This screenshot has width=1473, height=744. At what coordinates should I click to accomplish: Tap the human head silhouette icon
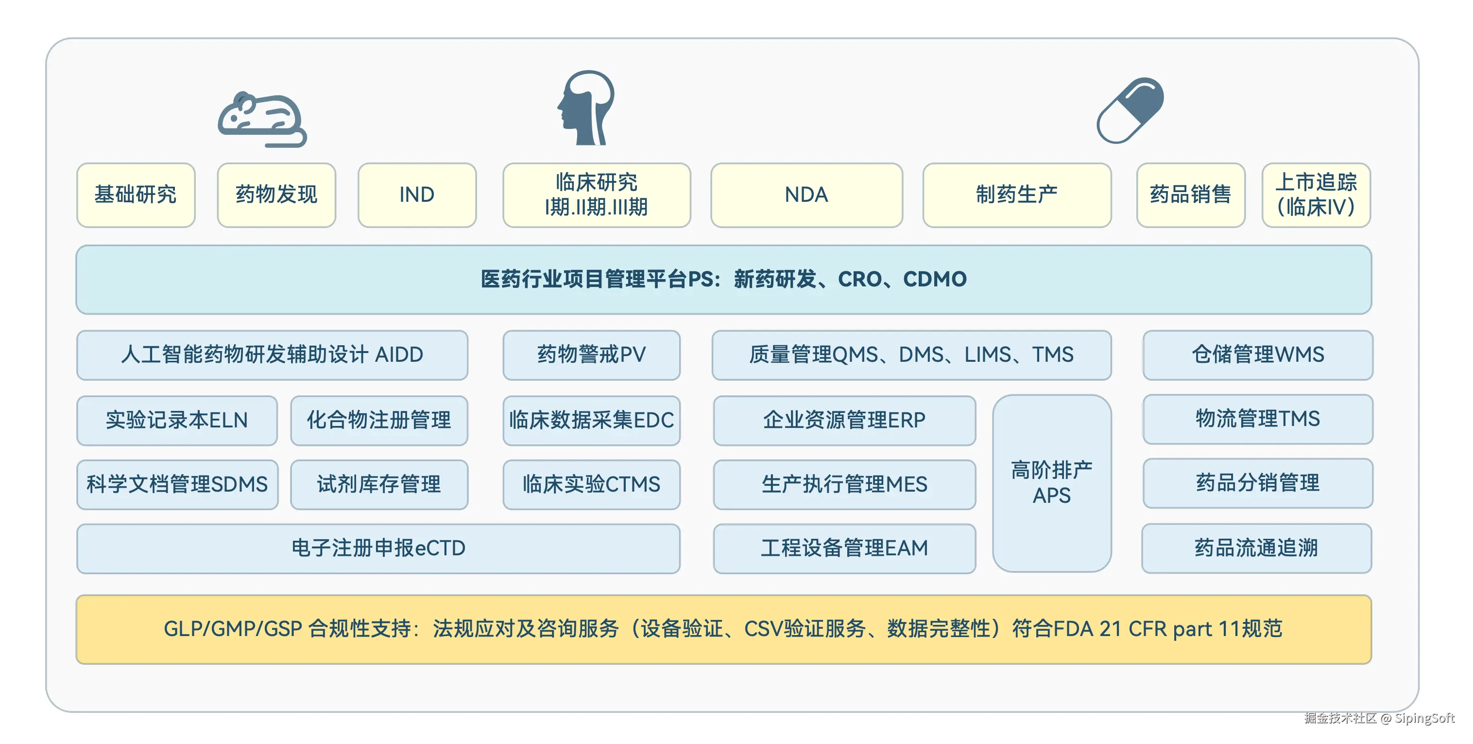point(586,107)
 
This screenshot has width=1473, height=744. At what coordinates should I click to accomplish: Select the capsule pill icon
point(1130,110)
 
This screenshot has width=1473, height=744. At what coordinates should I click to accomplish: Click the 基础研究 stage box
point(136,195)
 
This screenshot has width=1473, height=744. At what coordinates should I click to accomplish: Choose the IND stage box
point(417,195)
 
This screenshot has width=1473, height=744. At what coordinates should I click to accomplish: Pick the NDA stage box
point(806,195)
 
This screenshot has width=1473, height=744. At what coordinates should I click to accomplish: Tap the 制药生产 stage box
point(1017,195)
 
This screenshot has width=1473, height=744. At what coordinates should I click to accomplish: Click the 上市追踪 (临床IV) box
point(1316,195)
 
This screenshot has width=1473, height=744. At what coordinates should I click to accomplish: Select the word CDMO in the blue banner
point(934,279)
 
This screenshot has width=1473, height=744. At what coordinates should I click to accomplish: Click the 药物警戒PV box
point(591,355)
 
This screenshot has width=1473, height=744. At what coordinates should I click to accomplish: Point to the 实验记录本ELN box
point(177,420)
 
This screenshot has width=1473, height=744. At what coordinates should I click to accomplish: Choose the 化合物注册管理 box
point(378,420)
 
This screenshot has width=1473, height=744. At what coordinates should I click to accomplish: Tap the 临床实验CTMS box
point(591,484)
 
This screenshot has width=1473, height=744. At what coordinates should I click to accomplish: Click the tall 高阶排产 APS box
point(1052,483)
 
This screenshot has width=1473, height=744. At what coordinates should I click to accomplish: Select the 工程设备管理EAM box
point(844,548)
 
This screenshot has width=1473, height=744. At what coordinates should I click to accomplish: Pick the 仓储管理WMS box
point(1257,355)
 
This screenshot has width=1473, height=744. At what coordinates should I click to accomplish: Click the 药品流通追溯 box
point(1256,548)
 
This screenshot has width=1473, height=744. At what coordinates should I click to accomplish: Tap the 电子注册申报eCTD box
point(378,548)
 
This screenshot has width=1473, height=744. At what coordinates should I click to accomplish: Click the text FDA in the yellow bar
point(1073,629)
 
